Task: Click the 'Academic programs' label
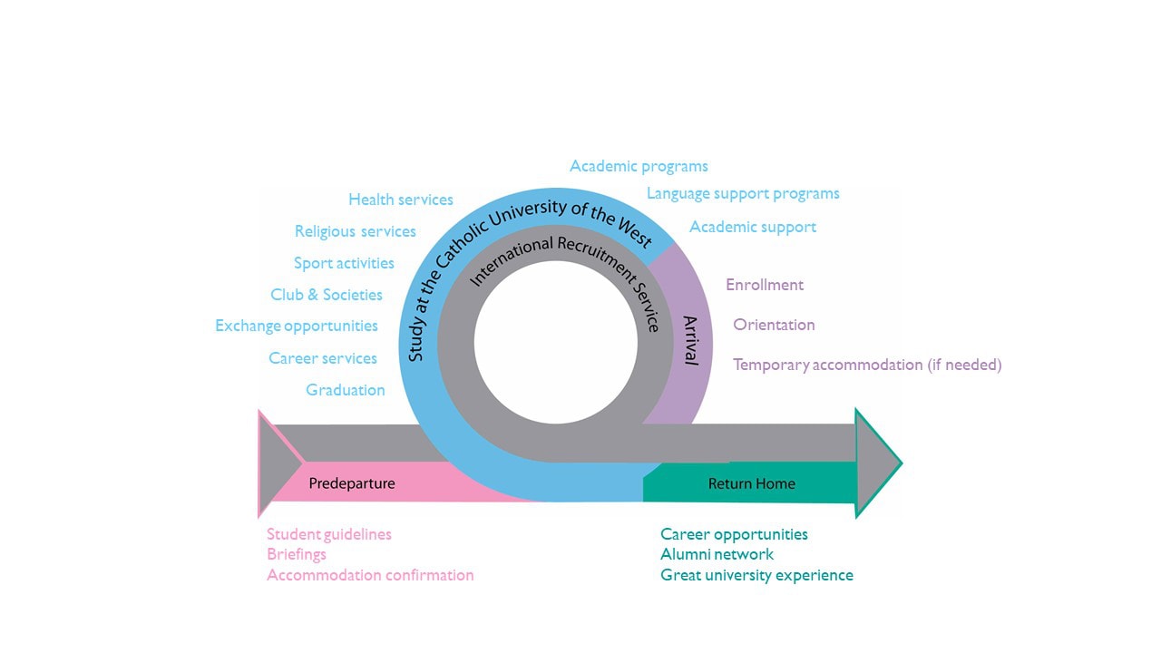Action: point(639,166)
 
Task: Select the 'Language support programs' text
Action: point(743,193)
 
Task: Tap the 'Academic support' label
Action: point(753,227)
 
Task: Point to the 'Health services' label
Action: point(401,200)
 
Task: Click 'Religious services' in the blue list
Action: point(356,231)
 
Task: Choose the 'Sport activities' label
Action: point(344,263)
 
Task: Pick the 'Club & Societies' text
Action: point(327,295)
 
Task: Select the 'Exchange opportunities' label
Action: point(297,326)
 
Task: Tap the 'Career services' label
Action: point(323,358)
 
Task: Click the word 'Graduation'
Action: point(346,390)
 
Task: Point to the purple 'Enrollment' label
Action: point(765,285)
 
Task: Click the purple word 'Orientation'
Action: point(774,325)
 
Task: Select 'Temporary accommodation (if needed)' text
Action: point(867,365)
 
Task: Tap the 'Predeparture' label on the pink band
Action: point(352,483)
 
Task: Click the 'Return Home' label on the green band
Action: point(752,483)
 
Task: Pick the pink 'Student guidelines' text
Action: point(329,534)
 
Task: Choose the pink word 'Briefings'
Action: point(297,554)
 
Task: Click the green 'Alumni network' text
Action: point(717,554)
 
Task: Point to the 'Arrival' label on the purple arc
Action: point(690,340)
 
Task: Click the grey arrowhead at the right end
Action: point(875,463)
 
